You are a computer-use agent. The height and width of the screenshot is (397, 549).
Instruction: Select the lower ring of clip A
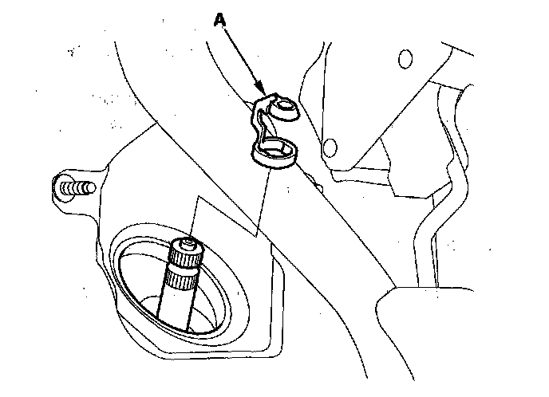point(274,152)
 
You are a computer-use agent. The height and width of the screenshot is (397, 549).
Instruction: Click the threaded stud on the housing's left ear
point(77,188)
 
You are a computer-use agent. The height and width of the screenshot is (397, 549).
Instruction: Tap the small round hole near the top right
point(405,58)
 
